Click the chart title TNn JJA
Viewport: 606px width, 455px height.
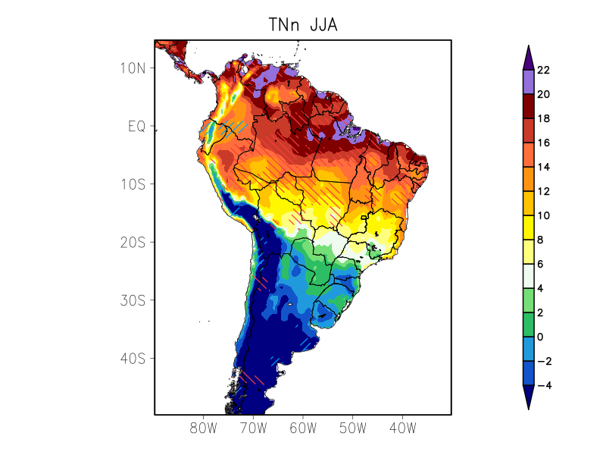(x=302, y=24)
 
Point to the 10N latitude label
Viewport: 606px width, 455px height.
(x=133, y=68)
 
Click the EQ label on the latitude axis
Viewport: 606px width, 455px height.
(x=136, y=126)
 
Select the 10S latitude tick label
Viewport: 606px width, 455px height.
(x=133, y=184)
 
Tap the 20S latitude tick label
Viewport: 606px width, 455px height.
(x=133, y=243)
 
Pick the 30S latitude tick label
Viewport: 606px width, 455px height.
(x=133, y=300)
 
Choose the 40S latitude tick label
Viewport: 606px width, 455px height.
(x=133, y=358)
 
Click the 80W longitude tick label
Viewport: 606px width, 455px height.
(x=204, y=428)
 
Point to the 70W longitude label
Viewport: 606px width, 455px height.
(x=253, y=428)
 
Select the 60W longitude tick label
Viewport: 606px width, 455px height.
(x=303, y=428)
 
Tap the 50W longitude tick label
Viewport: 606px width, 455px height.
(x=352, y=428)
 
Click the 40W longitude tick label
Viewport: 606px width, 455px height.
(x=402, y=428)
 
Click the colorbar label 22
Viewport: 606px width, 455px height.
(x=543, y=71)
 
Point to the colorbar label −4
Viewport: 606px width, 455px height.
(x=543, y=385)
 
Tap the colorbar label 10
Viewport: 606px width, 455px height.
(x=543, y=216)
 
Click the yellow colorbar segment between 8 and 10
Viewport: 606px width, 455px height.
(x=528, y=227)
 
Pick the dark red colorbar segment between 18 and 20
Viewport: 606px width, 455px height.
(x=528, y=106)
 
